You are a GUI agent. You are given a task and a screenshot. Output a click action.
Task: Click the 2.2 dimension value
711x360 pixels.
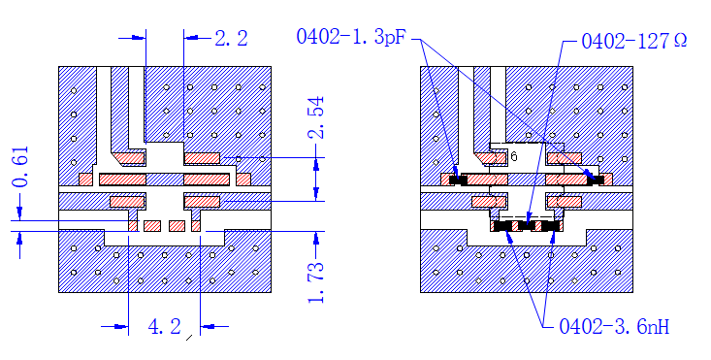pyautogui.click(x=231, y=38)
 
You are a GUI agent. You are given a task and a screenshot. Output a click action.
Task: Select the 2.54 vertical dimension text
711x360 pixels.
pyautogui.click(x=316, y=117)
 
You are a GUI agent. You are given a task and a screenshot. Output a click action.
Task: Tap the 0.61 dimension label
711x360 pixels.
pyautogui.click(x=21, y=166)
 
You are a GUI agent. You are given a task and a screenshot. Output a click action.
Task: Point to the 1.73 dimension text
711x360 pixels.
pyautogui.click(x=316, y=282)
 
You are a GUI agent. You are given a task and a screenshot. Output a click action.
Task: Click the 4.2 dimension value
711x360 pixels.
pyautogui.click(x=165, y=326)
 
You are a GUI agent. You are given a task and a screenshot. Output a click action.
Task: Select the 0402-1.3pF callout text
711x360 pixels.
pyautogui.click(x=351, y=37)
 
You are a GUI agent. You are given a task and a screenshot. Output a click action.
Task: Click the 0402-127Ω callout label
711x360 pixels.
pyautogui.click(x=634, y=42)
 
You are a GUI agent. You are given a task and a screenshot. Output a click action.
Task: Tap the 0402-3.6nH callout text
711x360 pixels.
pyautogui.click(x=614, y=326)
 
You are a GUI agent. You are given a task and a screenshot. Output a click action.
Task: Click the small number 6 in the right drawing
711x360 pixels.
pyautogui.click(x=514, y=156)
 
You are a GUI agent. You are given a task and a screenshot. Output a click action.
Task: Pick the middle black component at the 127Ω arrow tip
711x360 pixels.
pyautogui.click(x=526, y=225)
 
